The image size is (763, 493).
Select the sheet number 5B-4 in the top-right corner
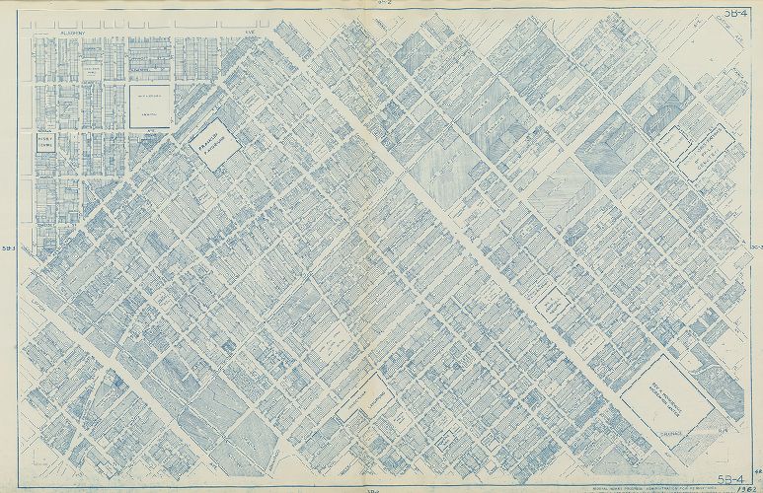(734, 13)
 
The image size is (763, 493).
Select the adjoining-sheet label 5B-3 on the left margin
(11, 247)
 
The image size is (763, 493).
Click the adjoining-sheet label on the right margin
(754, 247)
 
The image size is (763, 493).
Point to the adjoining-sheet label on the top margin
(384, 6)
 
